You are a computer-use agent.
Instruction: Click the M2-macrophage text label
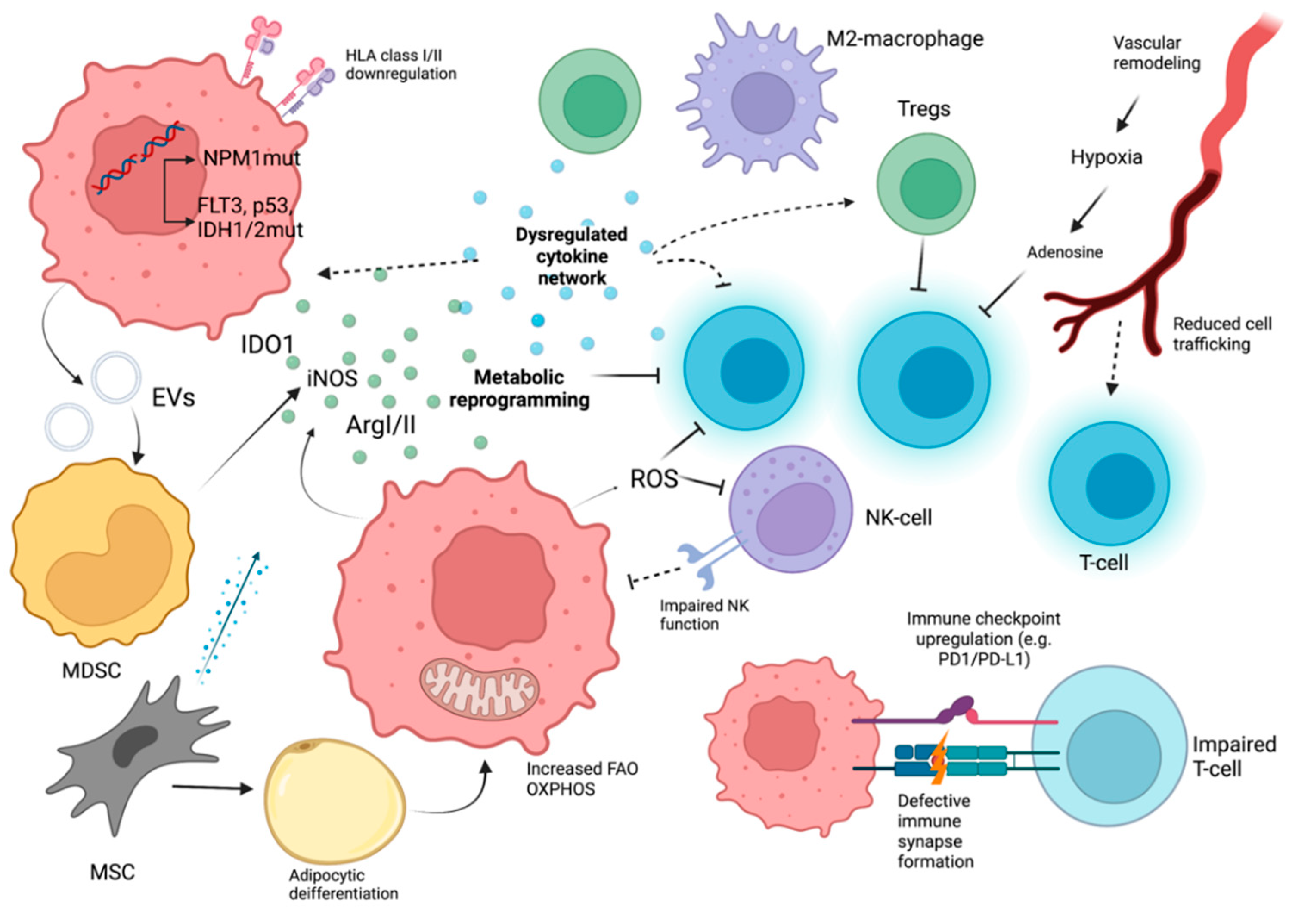click(905, 39)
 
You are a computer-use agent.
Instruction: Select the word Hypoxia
click(1106, 157)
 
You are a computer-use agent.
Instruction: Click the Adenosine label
click(1064, 252)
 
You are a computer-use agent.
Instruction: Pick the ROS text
click(654, 479)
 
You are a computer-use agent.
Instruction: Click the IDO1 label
click(267, 344)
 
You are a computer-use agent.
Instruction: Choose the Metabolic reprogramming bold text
click(519, 389)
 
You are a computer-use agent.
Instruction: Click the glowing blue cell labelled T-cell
click(1109, 483)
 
